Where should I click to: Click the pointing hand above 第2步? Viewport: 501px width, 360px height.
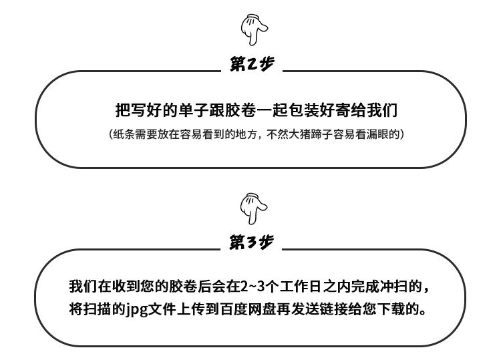click(254, 29)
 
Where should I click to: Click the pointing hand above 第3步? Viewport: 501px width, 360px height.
click(254, 208)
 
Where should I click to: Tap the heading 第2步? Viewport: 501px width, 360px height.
click(252, 64)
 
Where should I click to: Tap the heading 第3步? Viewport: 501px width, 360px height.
click(251, 242)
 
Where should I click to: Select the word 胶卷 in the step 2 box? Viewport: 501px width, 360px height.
click(240, 110)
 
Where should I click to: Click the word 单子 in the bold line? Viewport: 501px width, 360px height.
click(194, 110)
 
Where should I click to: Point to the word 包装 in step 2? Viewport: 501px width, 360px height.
click(303, 110)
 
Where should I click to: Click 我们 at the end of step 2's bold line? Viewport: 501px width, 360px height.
click(382, 110)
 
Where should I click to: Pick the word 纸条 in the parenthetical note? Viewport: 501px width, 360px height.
click(124, 134)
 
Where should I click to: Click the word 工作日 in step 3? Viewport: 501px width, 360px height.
click(301, 287)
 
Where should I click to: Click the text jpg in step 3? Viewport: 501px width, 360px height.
click(136, 310)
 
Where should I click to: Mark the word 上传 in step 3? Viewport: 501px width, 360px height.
click(191, 309)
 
